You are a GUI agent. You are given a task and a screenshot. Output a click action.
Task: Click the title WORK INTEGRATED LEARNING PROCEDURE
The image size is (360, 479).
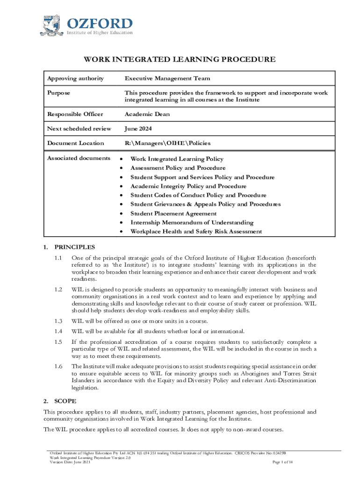pyautogui.click(x=180, y=59)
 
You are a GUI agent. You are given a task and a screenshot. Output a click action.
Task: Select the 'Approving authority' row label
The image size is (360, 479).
pyautogui.click(x=74, y=79)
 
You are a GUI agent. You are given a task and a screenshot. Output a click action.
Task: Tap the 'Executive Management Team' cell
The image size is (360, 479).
pyautogui.click(x=167, y=79)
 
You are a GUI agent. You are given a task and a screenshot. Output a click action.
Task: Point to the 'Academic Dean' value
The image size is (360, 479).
pyautogui.click(x=147, y=115)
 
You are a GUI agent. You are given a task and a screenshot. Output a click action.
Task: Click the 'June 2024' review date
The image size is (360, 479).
pyautogui.click(x=138, y=129)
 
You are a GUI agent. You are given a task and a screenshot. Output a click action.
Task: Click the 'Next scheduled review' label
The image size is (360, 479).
pyautogui.click(x=79, y=129)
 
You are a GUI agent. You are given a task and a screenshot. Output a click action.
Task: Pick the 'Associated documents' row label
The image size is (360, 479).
pyautogui.click(x=79, y=159)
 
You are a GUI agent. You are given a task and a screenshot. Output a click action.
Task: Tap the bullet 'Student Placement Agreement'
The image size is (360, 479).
pyautogui.click(x=173, y=213)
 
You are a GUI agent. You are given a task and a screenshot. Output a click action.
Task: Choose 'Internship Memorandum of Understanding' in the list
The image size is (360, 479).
pyautogui.click(x=192, y=223)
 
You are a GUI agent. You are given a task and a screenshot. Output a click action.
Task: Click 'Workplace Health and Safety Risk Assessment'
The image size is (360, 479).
pyautogui.click(x=196, y=232)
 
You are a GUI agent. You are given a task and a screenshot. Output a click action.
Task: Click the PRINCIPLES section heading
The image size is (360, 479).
pyautogui.click(x=75, y=247)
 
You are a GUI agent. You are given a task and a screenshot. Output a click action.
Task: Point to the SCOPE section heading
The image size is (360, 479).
pyautogui.click(x=65, y=401)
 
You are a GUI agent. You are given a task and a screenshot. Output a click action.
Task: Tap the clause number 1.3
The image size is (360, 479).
pyautogui.click(x=58, y=321)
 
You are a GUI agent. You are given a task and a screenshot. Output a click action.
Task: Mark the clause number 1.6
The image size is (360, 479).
pyautogui.click(x=58, y=366)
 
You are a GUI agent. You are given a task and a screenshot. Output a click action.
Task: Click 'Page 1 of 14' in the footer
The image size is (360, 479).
pyautogui.click(x=282, y=462)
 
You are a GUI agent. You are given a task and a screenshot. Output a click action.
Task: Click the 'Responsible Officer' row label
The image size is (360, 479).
pyautogui.click(x=75, y=115)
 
